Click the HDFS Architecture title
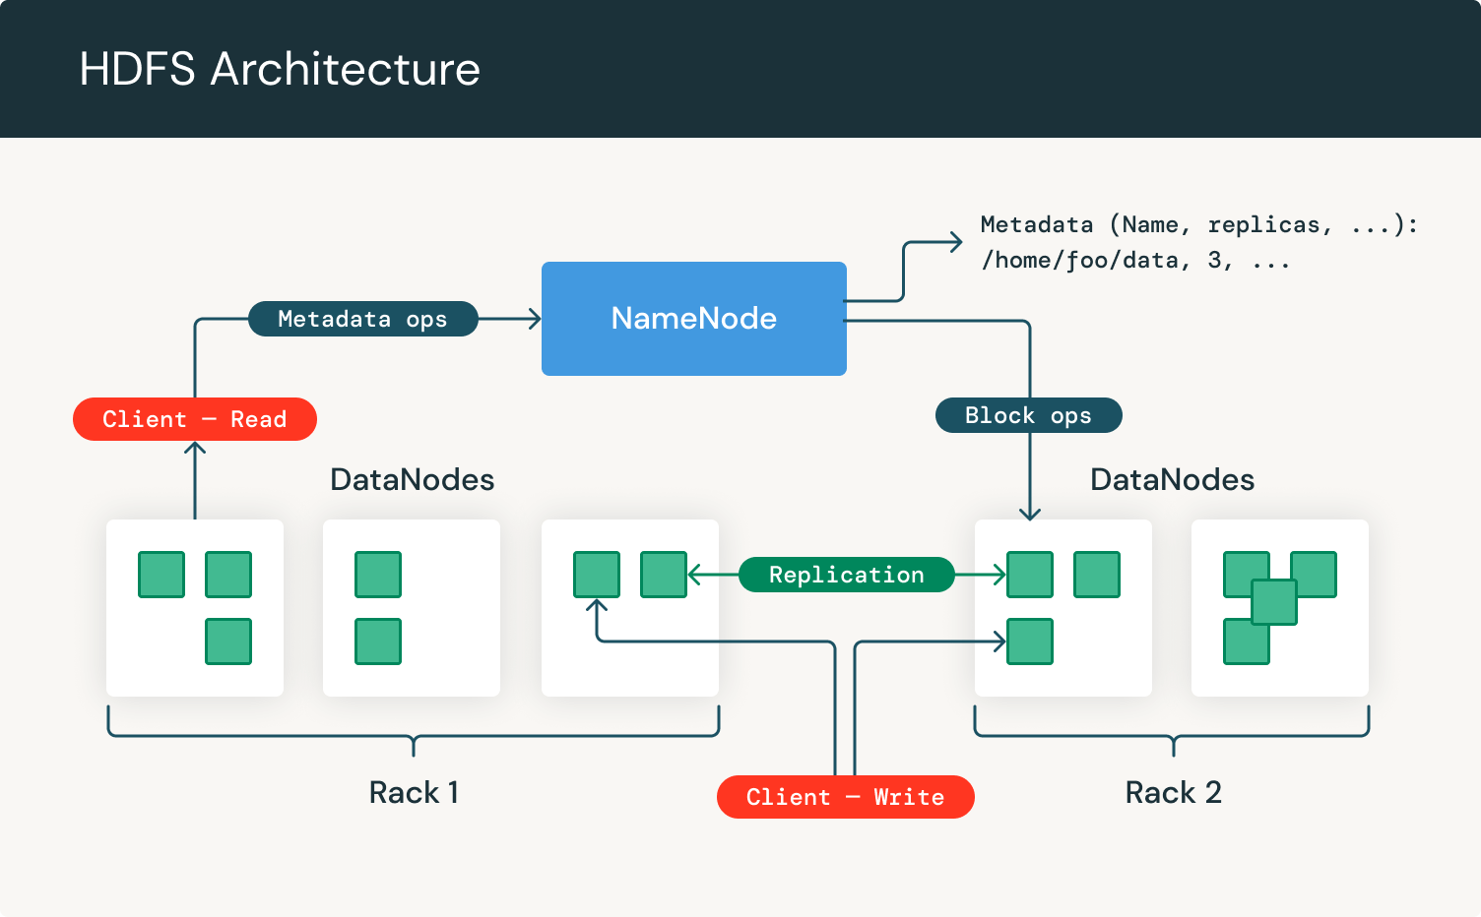[x=280, y=69]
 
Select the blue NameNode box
[x=693, y=318]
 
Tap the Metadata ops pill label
[x=362, y=319]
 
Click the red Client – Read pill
[x=195, y=419]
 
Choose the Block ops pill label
[x=1028, y=415]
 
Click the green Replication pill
[x=846, y=575]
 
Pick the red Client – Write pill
[x=845, y=797]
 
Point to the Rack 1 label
[x=414, y=792]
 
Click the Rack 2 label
[x=1173, y=792]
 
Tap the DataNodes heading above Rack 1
[x=412, y=479]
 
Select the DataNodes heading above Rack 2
[x=1172, y=479]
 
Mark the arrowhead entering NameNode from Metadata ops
[x=535, y=319]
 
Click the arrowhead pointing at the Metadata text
[x=955, y=242]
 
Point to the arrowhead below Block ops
[x=1030, y=513]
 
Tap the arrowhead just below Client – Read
[x=195, y=450]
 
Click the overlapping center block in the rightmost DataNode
[x=1274, y=602]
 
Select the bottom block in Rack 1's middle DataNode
[x=378, y=642]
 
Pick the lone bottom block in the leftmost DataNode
[x=228, y=642]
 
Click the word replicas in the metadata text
[x=1263, y=225]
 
